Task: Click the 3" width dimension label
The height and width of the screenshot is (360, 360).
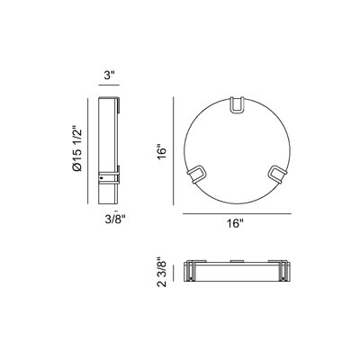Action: [x=109, y=76]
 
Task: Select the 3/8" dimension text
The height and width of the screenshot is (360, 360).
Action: [x=115, y=220]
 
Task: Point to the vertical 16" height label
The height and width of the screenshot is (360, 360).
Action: [x=162, y=153]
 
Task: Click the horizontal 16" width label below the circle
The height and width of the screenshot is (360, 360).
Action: [x=235, y=223]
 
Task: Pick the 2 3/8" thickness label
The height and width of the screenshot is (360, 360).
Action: [x=161, y=272]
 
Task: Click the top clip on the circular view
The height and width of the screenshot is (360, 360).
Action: [x=237, y=105]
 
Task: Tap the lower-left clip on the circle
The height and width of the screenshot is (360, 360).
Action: [x=197, y=174]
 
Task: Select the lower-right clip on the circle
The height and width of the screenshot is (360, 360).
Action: [x=278, y=174]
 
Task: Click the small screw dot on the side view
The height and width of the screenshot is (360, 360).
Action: [x=102, y=178]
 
